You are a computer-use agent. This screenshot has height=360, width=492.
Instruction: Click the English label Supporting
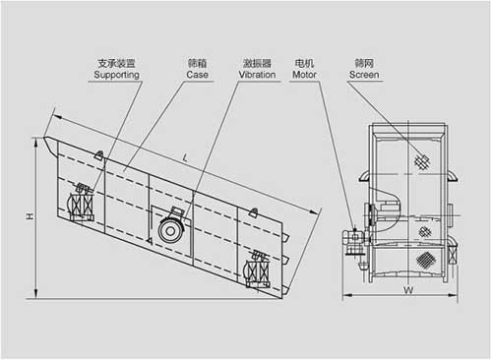[116, 75]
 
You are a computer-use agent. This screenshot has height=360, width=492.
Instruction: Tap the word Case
[198, 75]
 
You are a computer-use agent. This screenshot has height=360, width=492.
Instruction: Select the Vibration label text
[257, 75]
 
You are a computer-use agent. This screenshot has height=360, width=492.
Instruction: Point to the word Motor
[304, 75]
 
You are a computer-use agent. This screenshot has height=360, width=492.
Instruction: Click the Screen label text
[364, 75]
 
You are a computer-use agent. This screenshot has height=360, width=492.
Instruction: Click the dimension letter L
[185, 158]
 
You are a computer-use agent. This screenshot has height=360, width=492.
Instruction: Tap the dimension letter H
[31, 216]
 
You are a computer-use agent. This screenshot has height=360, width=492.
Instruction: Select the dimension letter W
[408, 290]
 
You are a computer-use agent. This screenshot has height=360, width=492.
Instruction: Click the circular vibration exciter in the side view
[170, 230]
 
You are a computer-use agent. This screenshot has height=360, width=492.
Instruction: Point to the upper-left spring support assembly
[82, 204]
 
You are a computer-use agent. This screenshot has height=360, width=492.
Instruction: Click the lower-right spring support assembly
[258, 270]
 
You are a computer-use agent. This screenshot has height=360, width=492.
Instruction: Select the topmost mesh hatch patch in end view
[422, 161]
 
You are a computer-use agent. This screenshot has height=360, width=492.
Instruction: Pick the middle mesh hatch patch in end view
[425, 232]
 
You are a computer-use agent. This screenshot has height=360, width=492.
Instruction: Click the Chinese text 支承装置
[116, 63]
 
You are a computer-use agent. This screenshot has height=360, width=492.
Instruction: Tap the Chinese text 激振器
[257, 63]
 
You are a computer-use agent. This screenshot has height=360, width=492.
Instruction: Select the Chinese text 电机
[304, 63]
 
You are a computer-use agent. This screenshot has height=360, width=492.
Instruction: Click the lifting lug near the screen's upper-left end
[99, 154]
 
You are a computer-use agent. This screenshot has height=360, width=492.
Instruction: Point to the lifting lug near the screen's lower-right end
[253, 212]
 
